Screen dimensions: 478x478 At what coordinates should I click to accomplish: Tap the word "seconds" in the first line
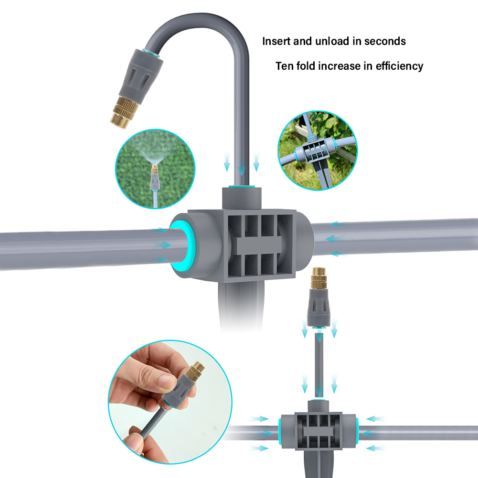385,42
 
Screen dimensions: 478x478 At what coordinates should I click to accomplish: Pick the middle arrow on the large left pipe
163,244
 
